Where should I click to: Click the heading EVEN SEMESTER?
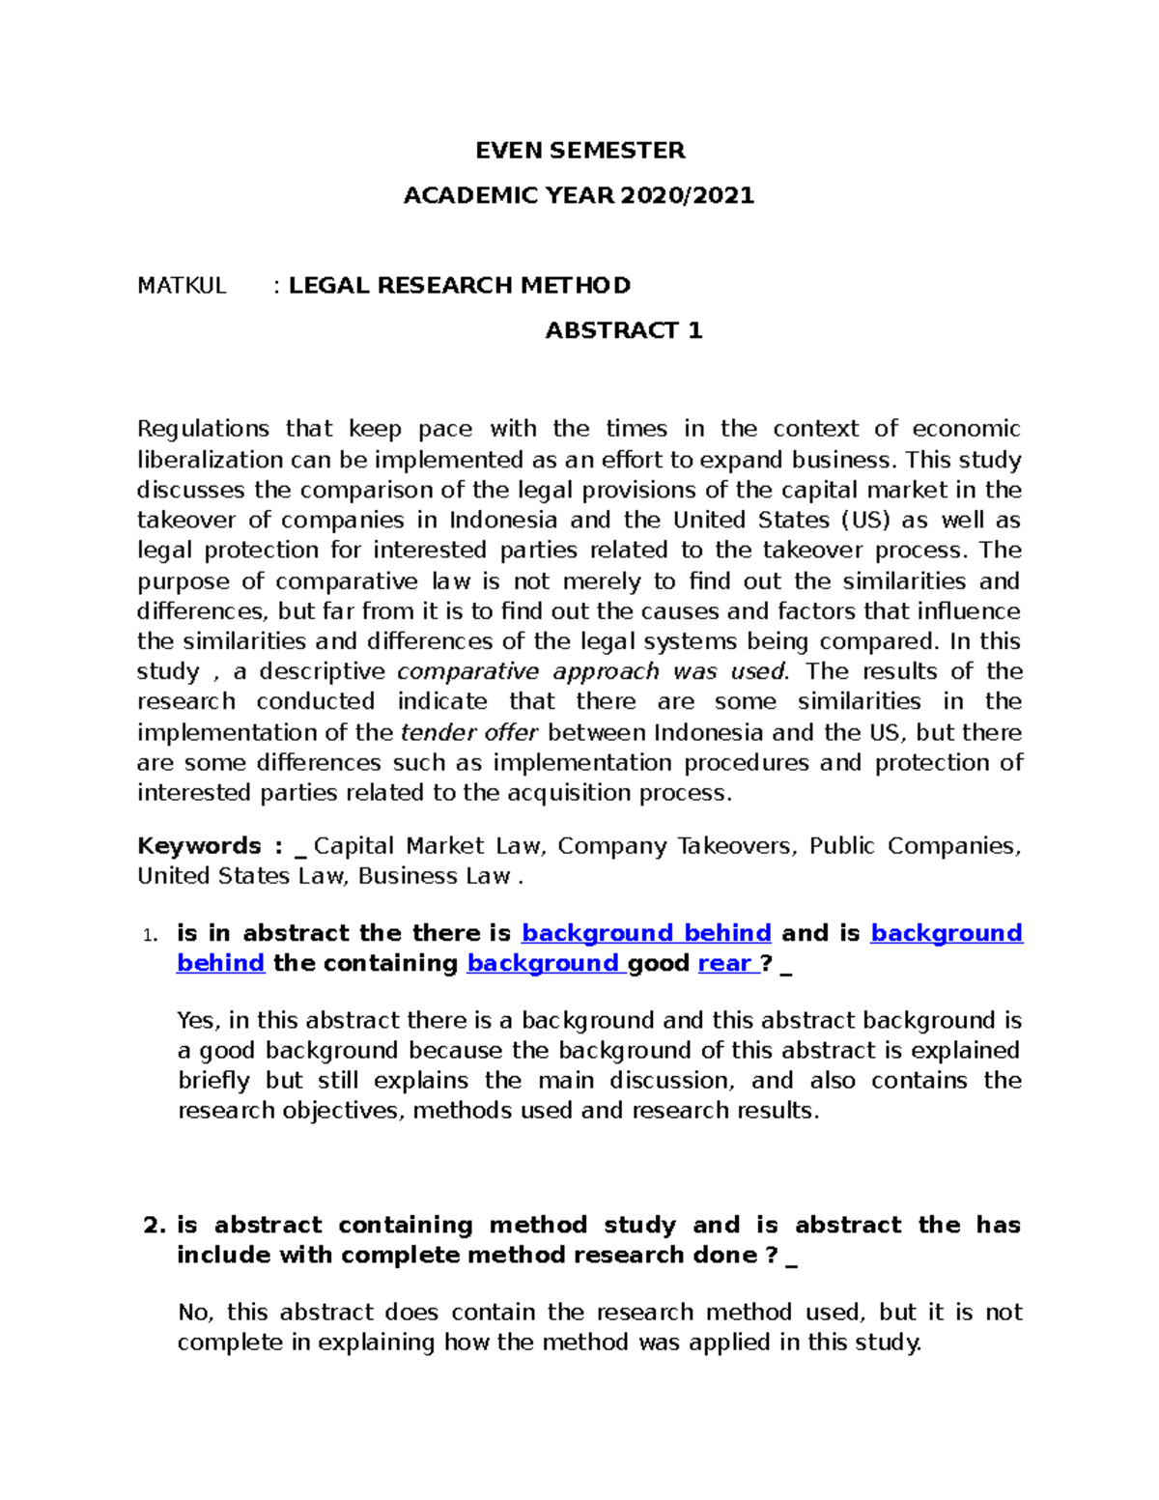pos(579,151)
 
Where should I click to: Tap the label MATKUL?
pos(182,286)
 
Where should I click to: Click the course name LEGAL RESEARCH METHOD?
pos(460,286)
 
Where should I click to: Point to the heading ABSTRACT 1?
pos(624,331)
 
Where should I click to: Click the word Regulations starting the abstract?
pos(203,429)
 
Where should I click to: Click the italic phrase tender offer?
pos(469,732)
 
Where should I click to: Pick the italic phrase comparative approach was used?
pos(592,671)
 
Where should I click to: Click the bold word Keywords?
pos(199,846)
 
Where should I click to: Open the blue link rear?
pos(724,964)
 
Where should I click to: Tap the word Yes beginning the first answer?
pos(199,1021)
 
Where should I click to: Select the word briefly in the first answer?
pos(213,1081)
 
